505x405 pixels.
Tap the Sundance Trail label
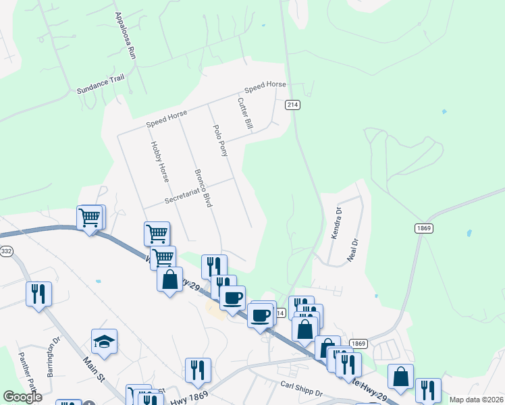tap(101, 84)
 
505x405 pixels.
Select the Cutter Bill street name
tap(244, 113)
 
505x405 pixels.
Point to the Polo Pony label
tap(221, 140)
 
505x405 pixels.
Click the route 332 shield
tap(6, 251)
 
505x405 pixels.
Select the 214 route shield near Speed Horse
tap(292, 105)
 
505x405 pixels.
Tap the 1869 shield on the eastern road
tap(423, 228)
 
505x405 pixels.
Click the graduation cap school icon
tap(104, 342)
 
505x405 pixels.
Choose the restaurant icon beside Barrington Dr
tap(38, 294)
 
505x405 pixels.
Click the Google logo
tap(22, 397)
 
